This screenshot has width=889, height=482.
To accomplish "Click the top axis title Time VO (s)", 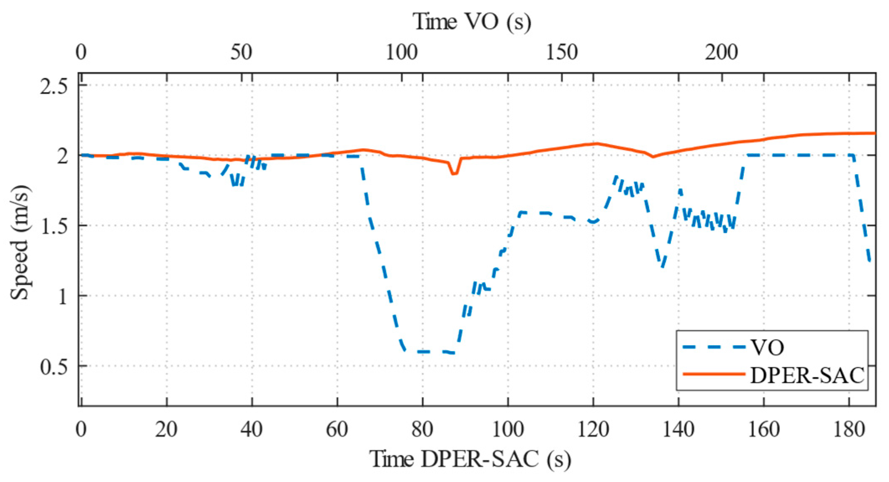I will (472, 21).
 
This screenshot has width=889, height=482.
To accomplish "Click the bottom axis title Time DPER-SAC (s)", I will (470, 459).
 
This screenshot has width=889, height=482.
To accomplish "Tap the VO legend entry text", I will (767, 347).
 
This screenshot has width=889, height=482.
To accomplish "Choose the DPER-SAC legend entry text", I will (807, 375).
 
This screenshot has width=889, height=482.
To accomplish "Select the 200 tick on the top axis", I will (721, 52).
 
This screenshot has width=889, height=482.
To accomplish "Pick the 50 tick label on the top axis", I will (241, 52).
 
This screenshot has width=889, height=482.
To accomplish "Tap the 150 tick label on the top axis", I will (562, 52).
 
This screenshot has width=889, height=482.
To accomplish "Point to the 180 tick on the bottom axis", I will (849, 430).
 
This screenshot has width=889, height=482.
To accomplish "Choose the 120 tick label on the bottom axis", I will (593, 430).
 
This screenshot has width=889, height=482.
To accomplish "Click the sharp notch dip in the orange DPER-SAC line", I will (454, 173).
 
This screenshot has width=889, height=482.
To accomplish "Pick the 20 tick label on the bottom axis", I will (166, 430).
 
